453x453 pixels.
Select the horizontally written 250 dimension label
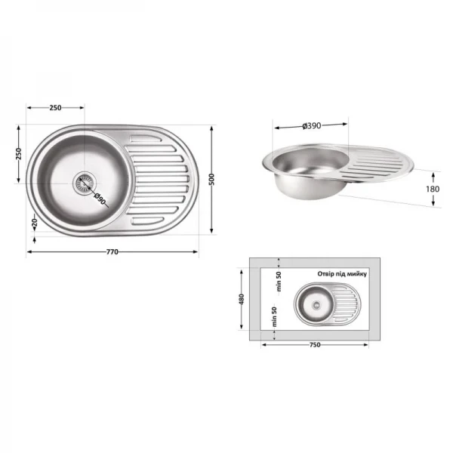(55, 108)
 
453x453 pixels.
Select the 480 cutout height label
(242, 299)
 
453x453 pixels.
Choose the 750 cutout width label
(315, 345)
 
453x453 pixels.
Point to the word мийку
(355, 275)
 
